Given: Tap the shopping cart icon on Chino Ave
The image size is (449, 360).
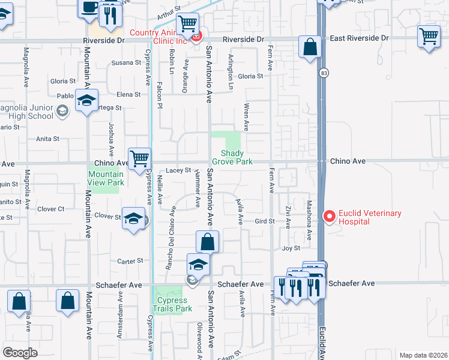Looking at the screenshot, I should click(x=139, y=159).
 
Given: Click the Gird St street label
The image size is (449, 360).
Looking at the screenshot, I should click(x=264, y=221).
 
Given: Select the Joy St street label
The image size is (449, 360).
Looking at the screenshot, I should click(x=291, y=248).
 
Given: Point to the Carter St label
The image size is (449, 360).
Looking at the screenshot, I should click(x=130, y=261).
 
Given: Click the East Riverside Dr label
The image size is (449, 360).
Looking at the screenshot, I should click(x=359, y=38).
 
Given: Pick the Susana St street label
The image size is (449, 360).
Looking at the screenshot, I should click(x=121, y=62).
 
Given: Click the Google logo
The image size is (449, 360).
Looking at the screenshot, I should click(x=20, y=353).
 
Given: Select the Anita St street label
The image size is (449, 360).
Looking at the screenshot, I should click(x=48, y=139).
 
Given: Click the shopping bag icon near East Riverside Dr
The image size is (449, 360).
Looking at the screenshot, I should click(x=310, y=47).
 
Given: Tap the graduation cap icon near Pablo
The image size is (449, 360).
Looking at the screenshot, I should click(x=86, y=100).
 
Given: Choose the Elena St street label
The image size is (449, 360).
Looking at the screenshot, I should click(x=128, y=94).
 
